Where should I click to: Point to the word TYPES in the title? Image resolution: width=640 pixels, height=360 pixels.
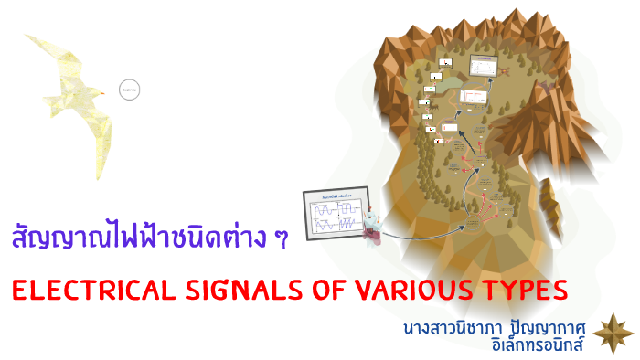(517, 291)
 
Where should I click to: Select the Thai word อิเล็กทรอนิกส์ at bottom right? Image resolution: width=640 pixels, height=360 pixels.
(540, 344)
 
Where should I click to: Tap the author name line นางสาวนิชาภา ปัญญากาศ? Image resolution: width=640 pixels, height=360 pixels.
(499, 325)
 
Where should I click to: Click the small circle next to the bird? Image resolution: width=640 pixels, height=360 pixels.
(129, 90)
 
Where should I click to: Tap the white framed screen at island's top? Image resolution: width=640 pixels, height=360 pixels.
(482, 67)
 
